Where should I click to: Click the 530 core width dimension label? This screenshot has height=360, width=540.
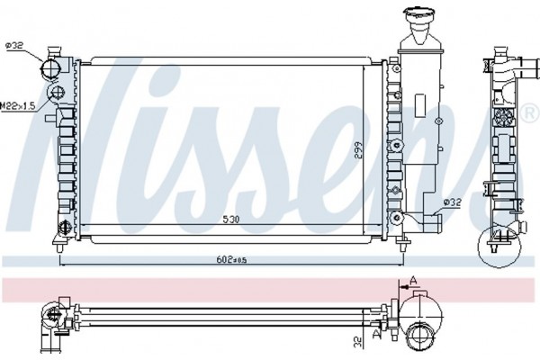click(x=230, y=219)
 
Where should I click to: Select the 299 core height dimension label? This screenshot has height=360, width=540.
click(x=358, y=150)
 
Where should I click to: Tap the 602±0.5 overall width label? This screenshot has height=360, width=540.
click(x=231, y=259)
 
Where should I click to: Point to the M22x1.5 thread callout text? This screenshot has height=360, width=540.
click(x=18, y=106)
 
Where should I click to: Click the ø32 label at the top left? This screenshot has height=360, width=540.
click(x=14, y=45)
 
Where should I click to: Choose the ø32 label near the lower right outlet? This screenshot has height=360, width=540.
click(x=452, y=202)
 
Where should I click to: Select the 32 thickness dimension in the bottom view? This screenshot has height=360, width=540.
click(x=358, y=341)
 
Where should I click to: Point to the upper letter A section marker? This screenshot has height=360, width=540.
click(x=414, y=281)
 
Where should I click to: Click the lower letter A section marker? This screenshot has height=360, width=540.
click(x=376, y=333)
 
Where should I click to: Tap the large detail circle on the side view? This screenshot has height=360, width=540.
click(x=499, y=247)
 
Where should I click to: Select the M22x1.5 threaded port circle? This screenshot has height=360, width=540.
click(x=58, y=93)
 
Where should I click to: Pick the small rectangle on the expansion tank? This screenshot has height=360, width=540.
click(x=420, y=106)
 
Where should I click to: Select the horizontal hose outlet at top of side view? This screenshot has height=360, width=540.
click(x=530, y=65)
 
